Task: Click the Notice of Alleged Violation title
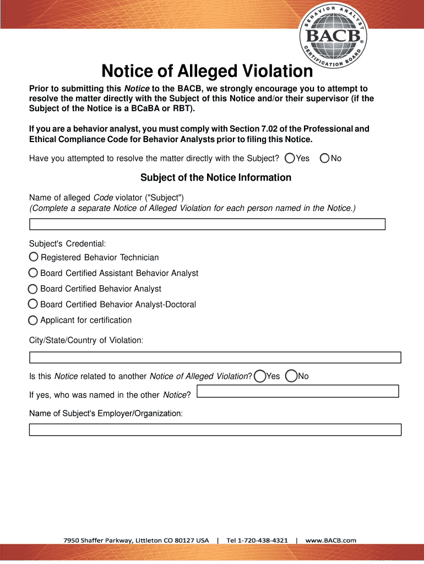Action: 206,72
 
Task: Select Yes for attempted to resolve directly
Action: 290,159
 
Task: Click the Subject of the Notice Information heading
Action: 215,177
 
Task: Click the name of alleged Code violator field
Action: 207,224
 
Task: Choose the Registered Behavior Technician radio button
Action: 34,257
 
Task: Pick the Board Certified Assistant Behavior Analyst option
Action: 34,273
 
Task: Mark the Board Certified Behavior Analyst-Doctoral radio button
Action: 34,304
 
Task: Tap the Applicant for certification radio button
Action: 34,320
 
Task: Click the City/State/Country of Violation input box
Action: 215,357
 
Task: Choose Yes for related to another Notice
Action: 260,376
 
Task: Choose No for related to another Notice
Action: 291,376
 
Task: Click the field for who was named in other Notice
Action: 297,392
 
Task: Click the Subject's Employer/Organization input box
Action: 215,430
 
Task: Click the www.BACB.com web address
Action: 331,540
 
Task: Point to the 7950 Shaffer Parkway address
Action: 136,540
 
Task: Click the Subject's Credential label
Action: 67,243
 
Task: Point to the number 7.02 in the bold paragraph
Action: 255,129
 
